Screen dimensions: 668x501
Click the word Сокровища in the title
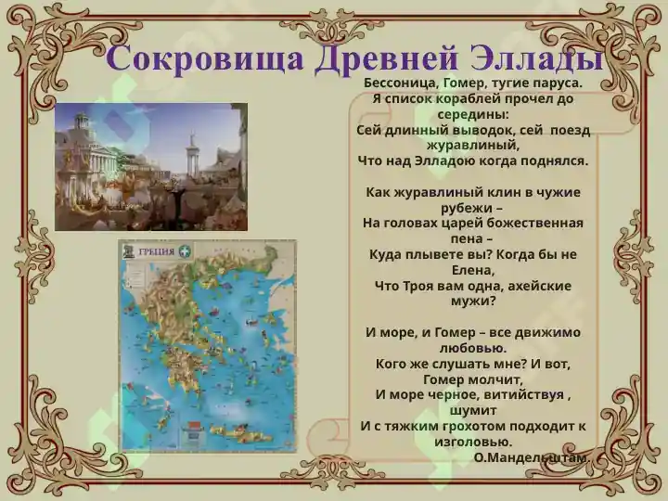tap(204, 58)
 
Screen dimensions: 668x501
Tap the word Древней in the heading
tap(386, 58)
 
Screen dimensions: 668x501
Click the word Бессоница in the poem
tap(401, 83)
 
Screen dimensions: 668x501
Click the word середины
tap(473, 115)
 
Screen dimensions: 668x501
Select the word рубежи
tap(462, 209)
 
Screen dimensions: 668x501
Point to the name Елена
tap(473, 270)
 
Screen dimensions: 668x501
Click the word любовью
tap(473, 348)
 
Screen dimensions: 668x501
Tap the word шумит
tap(473, 411)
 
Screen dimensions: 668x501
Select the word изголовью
tap(473, 442)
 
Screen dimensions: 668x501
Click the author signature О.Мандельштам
tap(532, 457)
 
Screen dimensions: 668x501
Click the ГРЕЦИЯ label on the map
tap(157, 251)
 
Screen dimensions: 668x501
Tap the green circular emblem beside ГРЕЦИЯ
tap(186, 250)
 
